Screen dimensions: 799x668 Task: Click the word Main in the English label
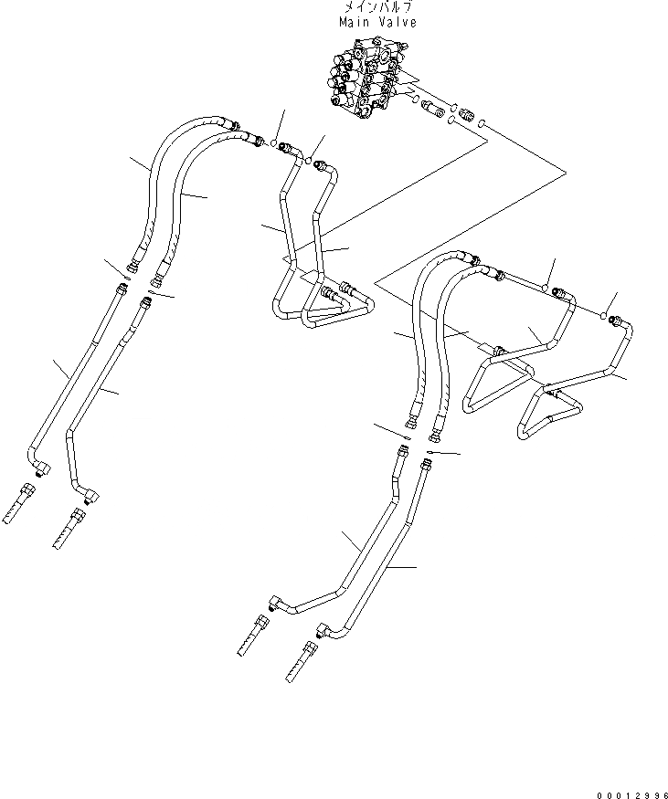point(351,22)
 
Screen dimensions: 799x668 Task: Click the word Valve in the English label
point(396,22)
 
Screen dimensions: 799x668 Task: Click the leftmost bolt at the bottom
point(20,503)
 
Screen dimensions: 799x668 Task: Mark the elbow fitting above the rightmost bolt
point(323,629)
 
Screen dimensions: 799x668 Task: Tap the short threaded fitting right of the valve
point(463,118)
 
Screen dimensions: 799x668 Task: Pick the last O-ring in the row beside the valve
point(482,122)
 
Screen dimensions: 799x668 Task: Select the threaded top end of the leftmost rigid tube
point(119,289)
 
